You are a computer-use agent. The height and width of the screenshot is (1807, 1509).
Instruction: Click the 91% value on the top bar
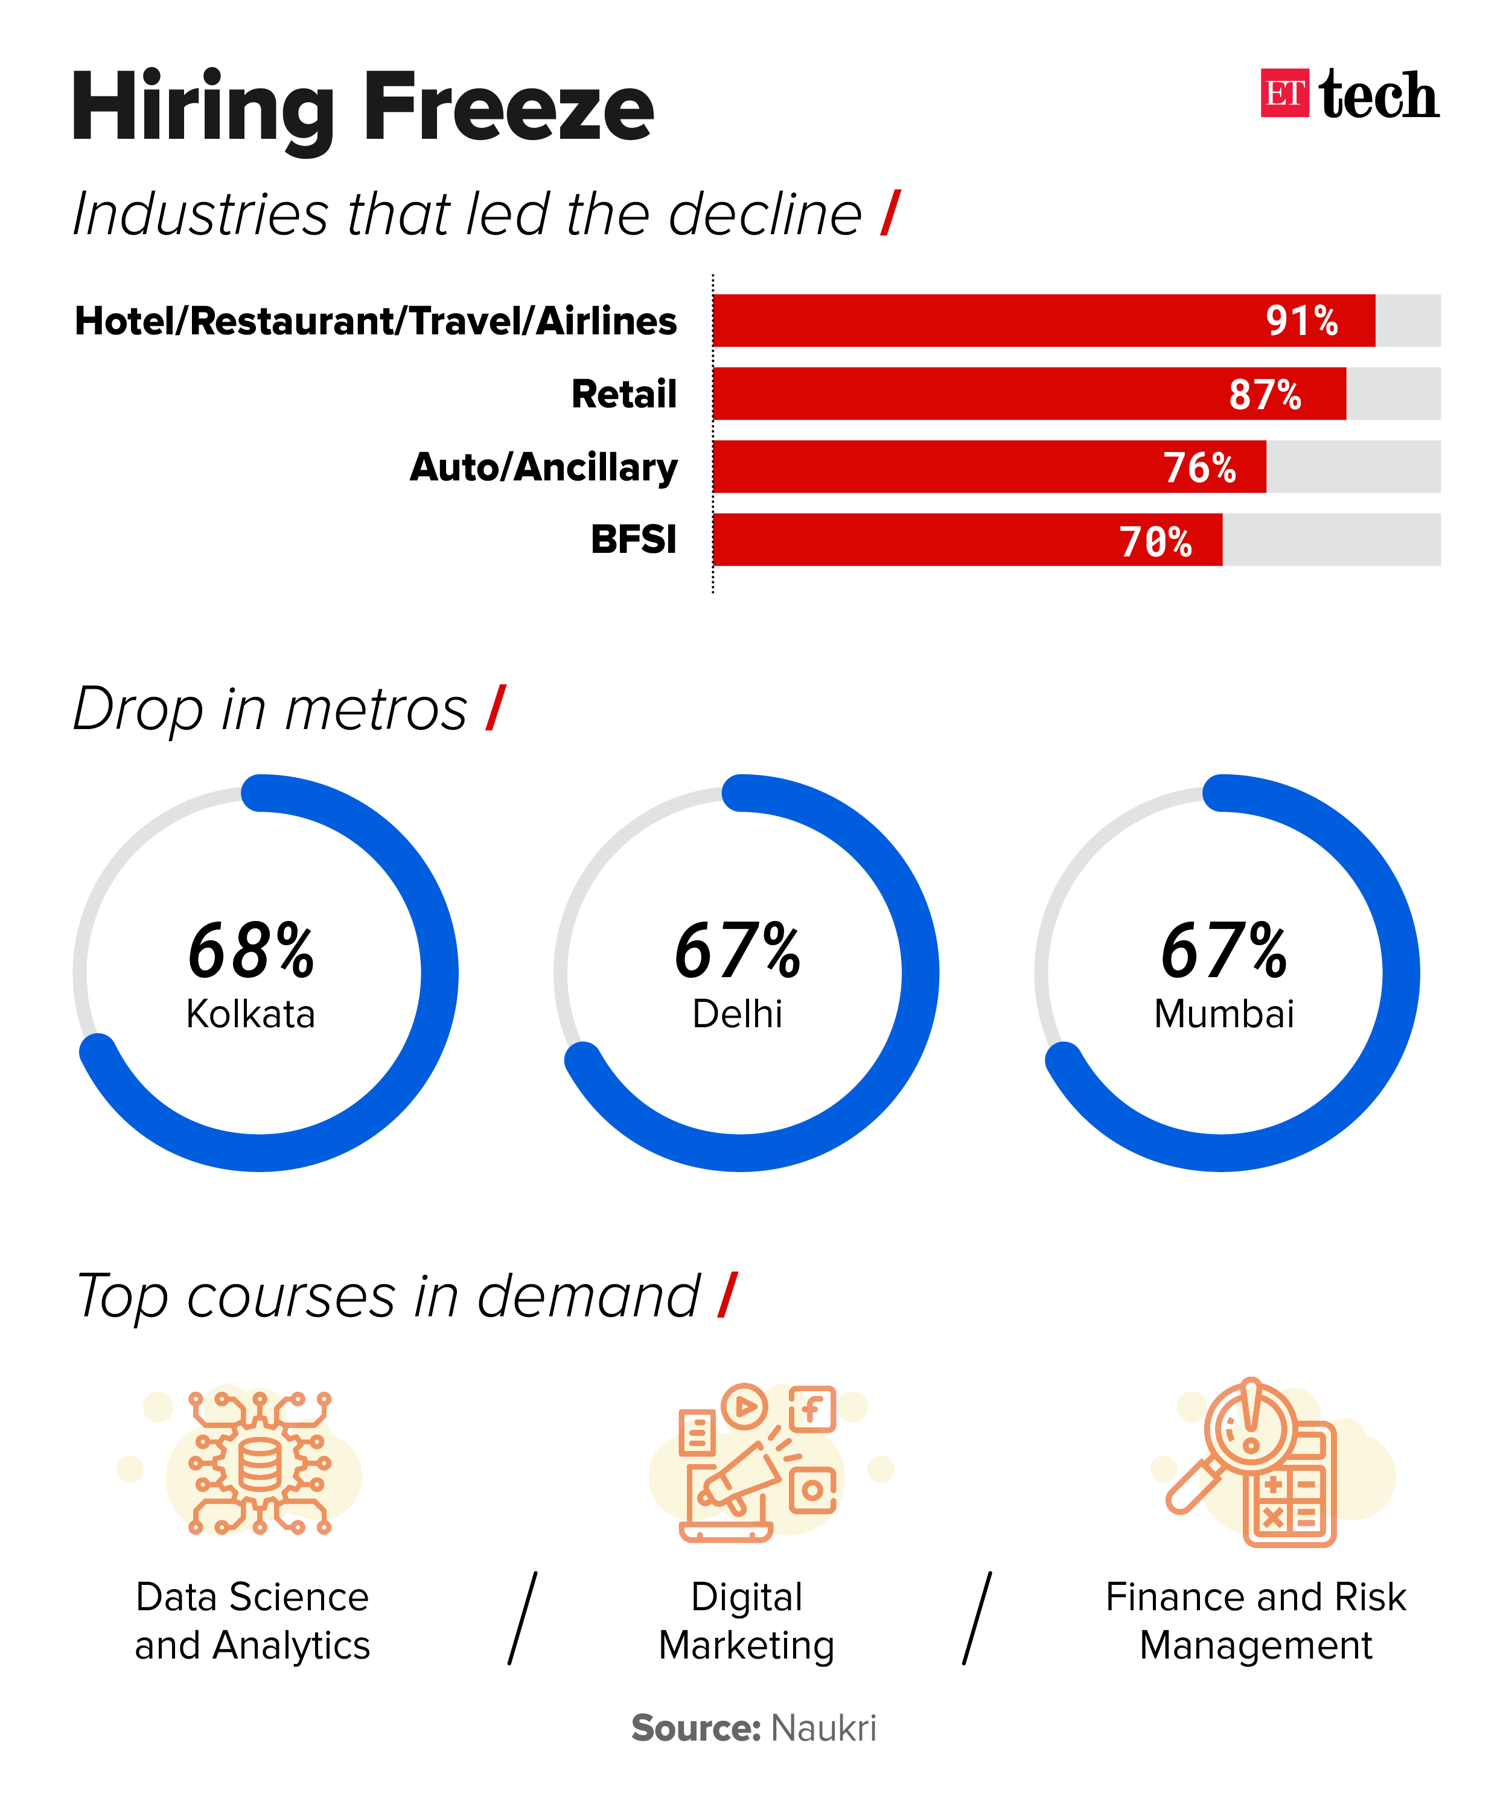click(1301, 321)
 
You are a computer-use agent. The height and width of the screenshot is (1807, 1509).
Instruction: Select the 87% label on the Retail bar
click(1264, 394)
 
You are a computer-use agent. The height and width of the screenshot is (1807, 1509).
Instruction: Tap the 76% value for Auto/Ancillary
click(1199, 467)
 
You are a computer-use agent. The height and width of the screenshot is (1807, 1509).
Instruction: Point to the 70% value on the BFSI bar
click(1155, 541)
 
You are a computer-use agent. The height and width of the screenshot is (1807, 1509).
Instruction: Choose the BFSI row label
click(633, 540)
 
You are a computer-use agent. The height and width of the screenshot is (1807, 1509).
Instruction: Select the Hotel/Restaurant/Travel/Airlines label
click(376, 321)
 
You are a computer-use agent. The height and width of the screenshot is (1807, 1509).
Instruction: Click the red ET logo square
click(1284, 93)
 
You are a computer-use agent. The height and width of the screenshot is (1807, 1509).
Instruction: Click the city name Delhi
click(737, 1013)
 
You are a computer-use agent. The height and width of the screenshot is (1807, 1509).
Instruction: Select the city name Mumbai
click(1223, 1013)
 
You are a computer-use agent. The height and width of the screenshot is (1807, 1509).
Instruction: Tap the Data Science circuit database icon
click(259, 1463)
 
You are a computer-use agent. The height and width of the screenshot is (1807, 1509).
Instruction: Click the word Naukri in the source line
click(823, 1728)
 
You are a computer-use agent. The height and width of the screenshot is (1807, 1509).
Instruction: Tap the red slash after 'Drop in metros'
click(496, 708)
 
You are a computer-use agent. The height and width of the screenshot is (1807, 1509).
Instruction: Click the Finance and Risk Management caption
click(1255, 1621)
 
